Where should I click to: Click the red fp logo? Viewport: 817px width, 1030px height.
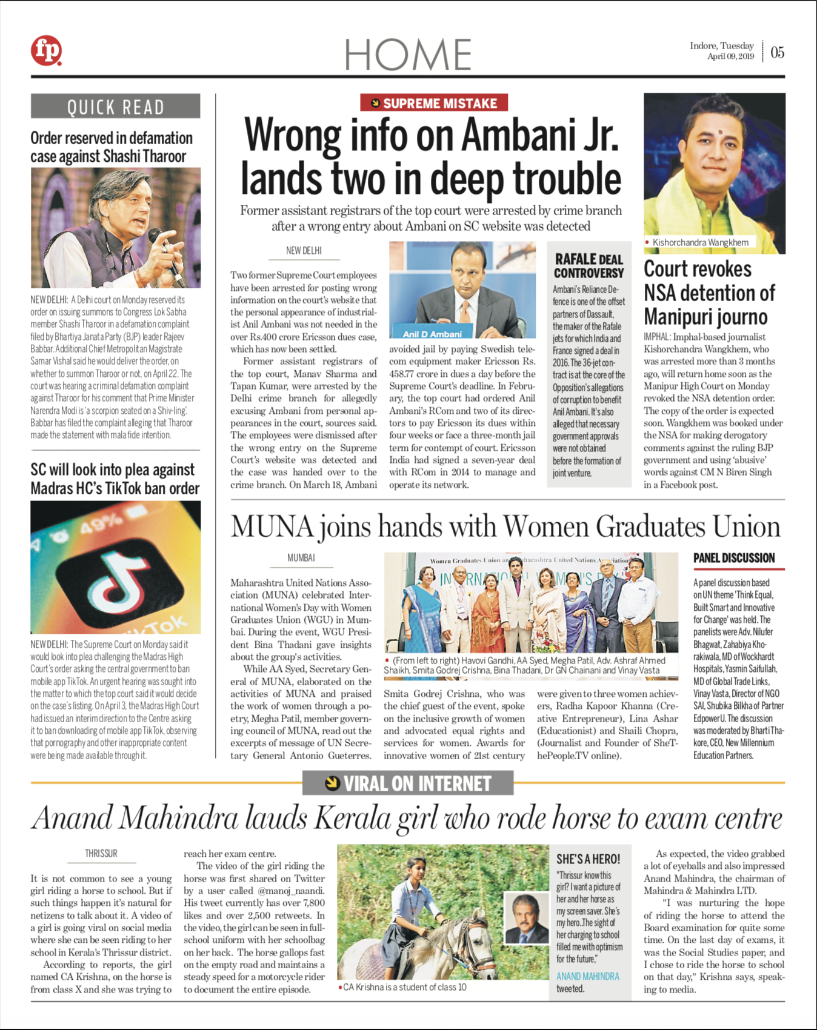point(47,51)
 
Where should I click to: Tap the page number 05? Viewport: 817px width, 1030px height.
point(777,53)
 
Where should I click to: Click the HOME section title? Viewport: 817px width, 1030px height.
point(408,55)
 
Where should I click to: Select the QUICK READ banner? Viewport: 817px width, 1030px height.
point(115,107)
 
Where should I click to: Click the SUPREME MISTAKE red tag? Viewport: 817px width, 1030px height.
point(434,103)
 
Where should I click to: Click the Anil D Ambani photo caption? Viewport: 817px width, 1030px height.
point(432,334)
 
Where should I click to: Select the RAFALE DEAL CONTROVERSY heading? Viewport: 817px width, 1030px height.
point(589,266)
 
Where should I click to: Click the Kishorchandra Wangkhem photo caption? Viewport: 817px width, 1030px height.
point(700,242)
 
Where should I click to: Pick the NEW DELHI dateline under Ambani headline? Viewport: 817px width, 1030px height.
point(304,250)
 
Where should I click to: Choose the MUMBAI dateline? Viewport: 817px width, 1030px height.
point(301,557)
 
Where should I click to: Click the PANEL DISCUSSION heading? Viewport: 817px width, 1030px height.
point(734,558)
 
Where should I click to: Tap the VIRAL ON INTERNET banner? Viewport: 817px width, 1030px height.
point(408,783)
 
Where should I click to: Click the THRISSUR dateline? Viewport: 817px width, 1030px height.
point(101,853)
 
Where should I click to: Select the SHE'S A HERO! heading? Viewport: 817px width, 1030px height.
point(588,859)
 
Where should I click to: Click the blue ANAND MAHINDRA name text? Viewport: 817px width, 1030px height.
point(588,976)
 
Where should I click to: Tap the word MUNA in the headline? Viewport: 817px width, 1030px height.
point(272,527)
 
